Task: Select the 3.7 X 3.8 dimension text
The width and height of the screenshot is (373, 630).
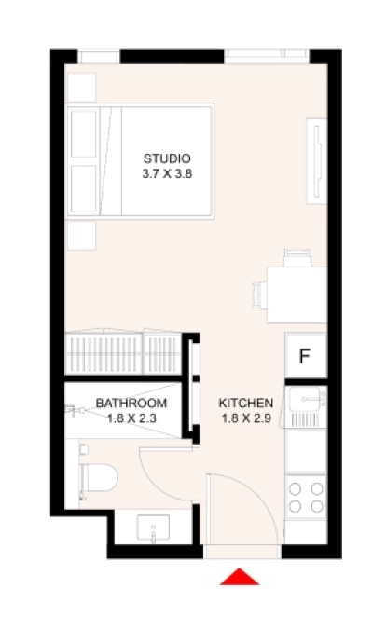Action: tap(168, 173)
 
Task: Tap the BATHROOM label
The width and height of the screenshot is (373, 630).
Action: tap(131, 403)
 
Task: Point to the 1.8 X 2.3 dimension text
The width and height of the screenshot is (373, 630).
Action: tap(131, 418)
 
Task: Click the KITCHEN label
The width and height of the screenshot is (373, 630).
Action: tap(245, 403)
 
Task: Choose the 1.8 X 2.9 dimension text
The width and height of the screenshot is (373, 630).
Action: tap(245, 418)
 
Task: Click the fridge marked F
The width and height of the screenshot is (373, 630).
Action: tap(305, 355)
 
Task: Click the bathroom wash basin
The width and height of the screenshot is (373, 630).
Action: tap(154, 529)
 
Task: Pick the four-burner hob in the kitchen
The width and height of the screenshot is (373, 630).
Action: tap(305, 497)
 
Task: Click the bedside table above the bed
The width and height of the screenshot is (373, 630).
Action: tap(80, 87)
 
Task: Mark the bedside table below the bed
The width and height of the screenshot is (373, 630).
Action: tap(80, 236)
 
